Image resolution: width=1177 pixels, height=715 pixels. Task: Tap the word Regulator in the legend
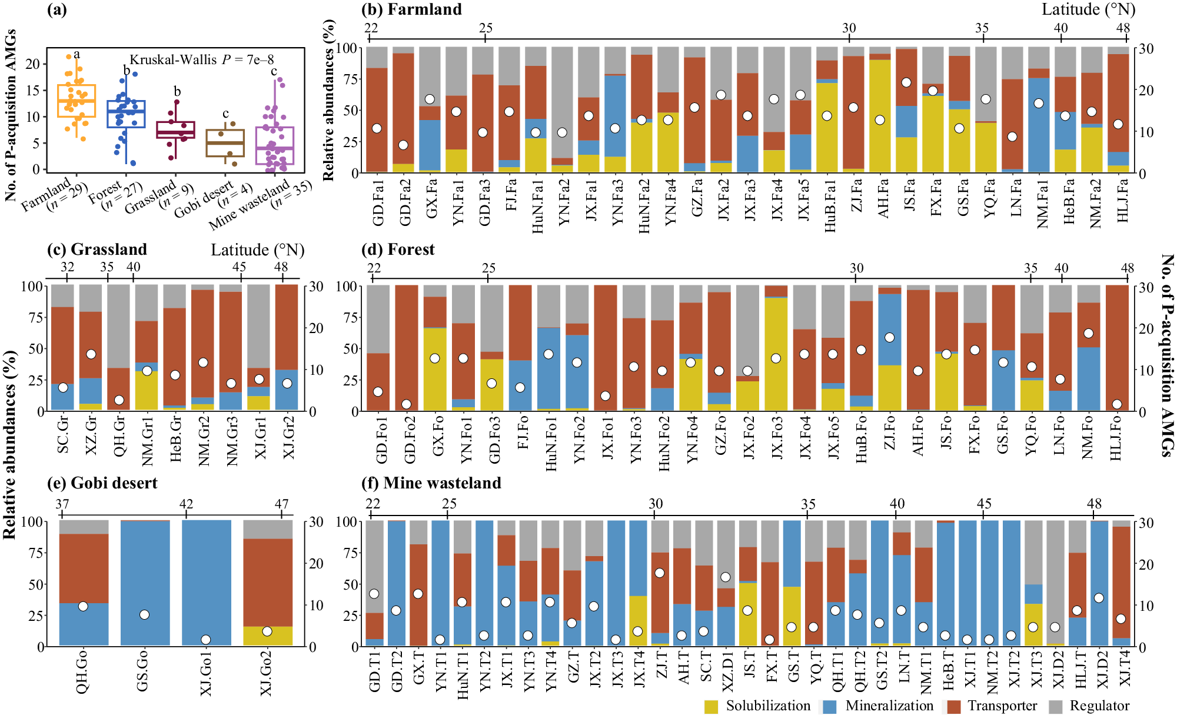pyautogui.click(x=1099, y=706)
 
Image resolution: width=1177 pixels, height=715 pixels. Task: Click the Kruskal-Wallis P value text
pyautogui.click(x=202, y=59)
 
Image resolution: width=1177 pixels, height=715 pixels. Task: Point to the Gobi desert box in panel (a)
pyautogui.click(x=225, y=143)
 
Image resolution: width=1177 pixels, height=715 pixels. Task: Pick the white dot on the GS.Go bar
pyautogui.click(x=144, y=615)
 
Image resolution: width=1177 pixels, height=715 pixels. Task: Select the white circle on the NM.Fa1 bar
pyautogui.click(x=1039, y=103)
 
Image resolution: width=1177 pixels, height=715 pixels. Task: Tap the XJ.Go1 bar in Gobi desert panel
pyautogui.click(x=206, y=583)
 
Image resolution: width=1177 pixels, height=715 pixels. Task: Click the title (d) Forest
pyautogui.click(x=398, y=250)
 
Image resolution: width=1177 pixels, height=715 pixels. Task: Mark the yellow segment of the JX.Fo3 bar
pyautogui.click(x=776, y=353)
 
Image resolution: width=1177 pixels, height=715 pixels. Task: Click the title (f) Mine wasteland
pyautogui.click(x=431, y=483)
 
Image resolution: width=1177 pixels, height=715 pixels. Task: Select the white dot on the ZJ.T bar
pyautogui.click(x=660, y=573)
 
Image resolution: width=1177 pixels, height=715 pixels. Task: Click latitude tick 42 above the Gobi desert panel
pyautogui.click(x=186, y=504)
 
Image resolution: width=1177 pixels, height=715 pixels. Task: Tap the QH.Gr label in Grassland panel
pyautogui.click(x=120, y=436)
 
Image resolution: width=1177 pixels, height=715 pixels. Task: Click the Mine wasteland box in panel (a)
pyautogui.click(x=275, y=146)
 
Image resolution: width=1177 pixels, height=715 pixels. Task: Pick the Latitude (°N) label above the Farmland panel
pyautogui.click(x=1088, y=9)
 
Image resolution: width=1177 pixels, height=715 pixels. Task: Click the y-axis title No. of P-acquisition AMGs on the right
pyautogui.click(x=1167, y=355)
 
